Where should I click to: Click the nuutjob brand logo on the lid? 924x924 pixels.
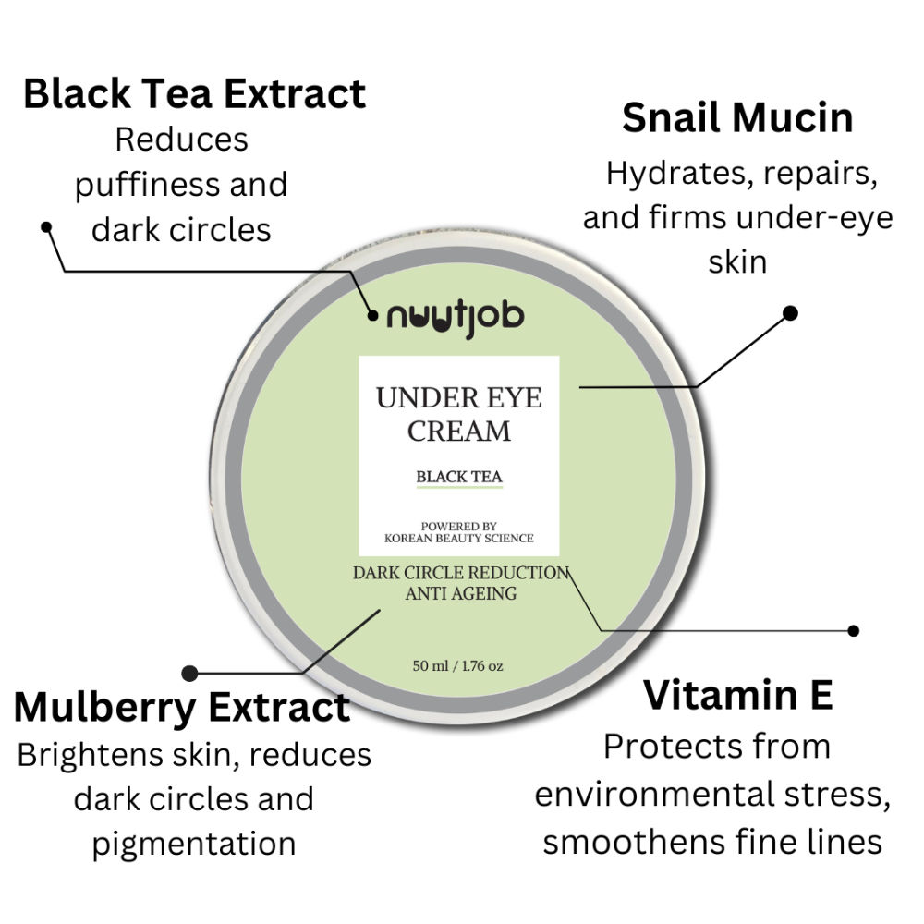pos(455,318)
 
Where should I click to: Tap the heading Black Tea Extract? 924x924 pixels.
pos(194,93)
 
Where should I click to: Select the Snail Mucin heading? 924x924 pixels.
pos(737,118)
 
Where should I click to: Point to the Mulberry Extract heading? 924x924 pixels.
pos(181,708)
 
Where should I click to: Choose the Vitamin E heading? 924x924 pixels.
pos(737,695)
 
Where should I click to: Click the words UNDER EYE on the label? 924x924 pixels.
pos(459,397)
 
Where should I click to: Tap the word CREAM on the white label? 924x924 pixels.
pos(459,431)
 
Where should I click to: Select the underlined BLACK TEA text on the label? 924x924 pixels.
pos(459,477)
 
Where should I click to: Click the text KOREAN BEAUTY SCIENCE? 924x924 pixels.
pos(459,538)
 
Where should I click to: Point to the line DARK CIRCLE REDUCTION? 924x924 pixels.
pos(461,573)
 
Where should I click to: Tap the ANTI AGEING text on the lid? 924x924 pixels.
pos(461,593)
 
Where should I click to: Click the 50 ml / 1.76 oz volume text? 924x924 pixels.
pos(458,666)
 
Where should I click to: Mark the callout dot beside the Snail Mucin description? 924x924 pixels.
pos(790,313)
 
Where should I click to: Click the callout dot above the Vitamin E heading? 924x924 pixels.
pos(853,630)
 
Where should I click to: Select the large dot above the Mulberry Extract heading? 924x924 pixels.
pos(189,673)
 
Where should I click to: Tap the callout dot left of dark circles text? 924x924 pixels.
pos(46,227)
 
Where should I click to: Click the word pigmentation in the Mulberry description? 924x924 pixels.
pos(194,844)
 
